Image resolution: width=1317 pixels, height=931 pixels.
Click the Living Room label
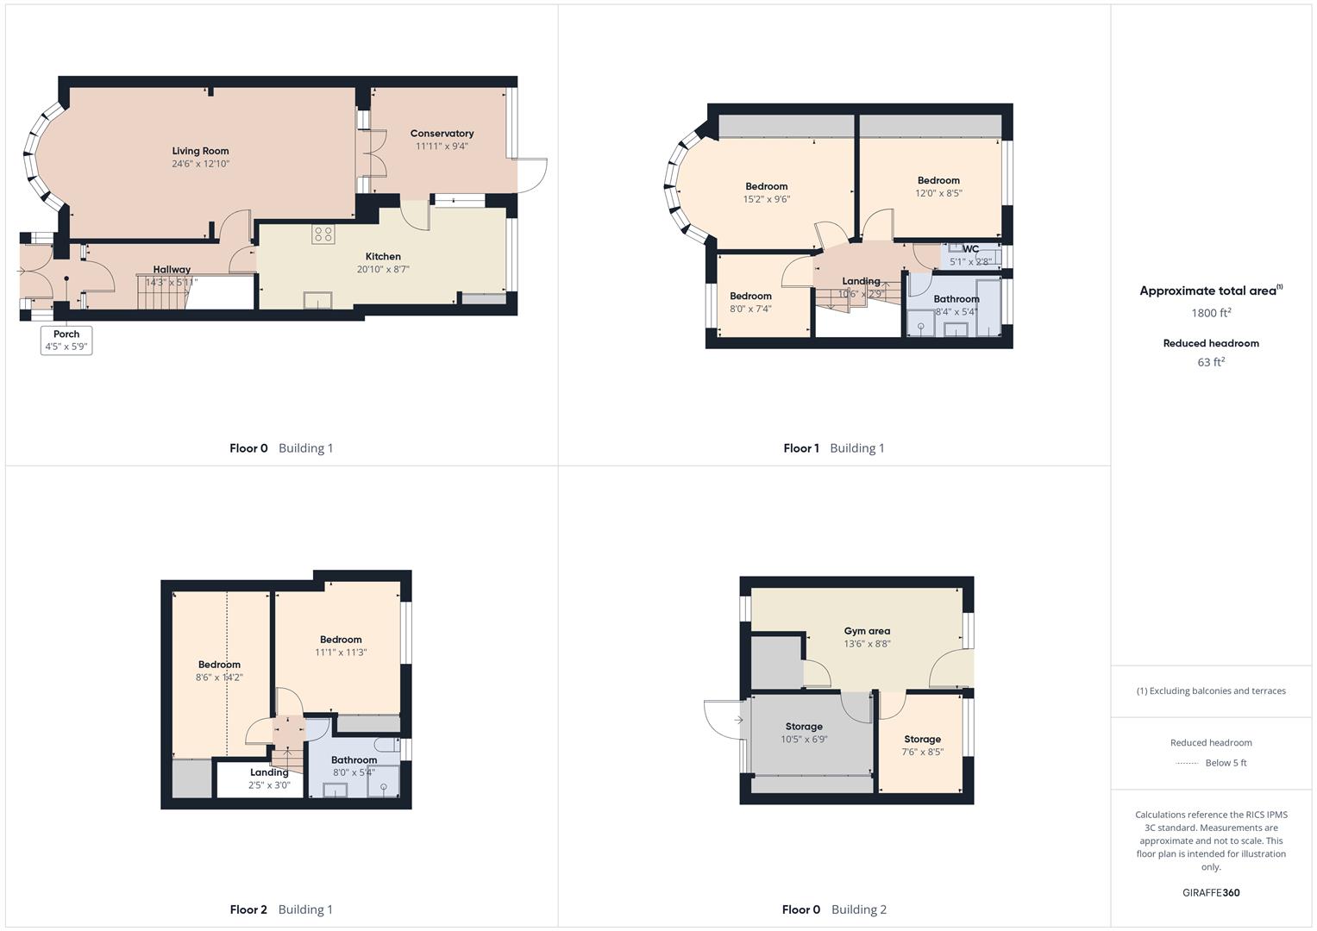coord(200,151)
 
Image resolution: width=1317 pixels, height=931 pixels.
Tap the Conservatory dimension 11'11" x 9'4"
coord(442,147)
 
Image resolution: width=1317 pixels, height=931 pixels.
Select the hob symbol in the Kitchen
coord(323,234)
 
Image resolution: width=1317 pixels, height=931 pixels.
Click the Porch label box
coord(66,340)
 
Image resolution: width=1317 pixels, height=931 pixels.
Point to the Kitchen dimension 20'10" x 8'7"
coord(383,269)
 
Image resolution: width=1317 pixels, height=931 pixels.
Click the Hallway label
coord(172,269)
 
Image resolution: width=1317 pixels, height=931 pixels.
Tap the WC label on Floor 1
coord(970,249)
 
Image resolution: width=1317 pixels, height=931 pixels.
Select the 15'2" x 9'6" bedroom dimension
coord(766,199)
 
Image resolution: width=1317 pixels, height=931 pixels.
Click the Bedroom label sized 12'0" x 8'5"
coord(938,180)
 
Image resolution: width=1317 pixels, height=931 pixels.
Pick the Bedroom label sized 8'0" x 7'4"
coord(750,296)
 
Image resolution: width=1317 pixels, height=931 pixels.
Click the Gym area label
coord(867,631)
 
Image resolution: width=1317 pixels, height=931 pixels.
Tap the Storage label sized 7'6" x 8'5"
coord(922,739)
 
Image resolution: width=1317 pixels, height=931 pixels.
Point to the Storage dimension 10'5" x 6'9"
coord(804,739)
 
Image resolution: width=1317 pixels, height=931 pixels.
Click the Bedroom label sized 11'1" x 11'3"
coord(341,640)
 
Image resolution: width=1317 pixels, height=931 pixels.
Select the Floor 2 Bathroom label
coord(354,759)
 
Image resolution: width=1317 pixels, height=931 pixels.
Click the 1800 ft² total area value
coord(1211,313)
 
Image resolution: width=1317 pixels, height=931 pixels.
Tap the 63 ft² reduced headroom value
coord(1211,362)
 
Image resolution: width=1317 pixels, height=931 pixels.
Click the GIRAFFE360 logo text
coord(1211,892)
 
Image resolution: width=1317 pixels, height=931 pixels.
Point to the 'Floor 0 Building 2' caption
coord(834,909)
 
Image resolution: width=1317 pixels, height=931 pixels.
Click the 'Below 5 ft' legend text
coord(1226,763)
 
